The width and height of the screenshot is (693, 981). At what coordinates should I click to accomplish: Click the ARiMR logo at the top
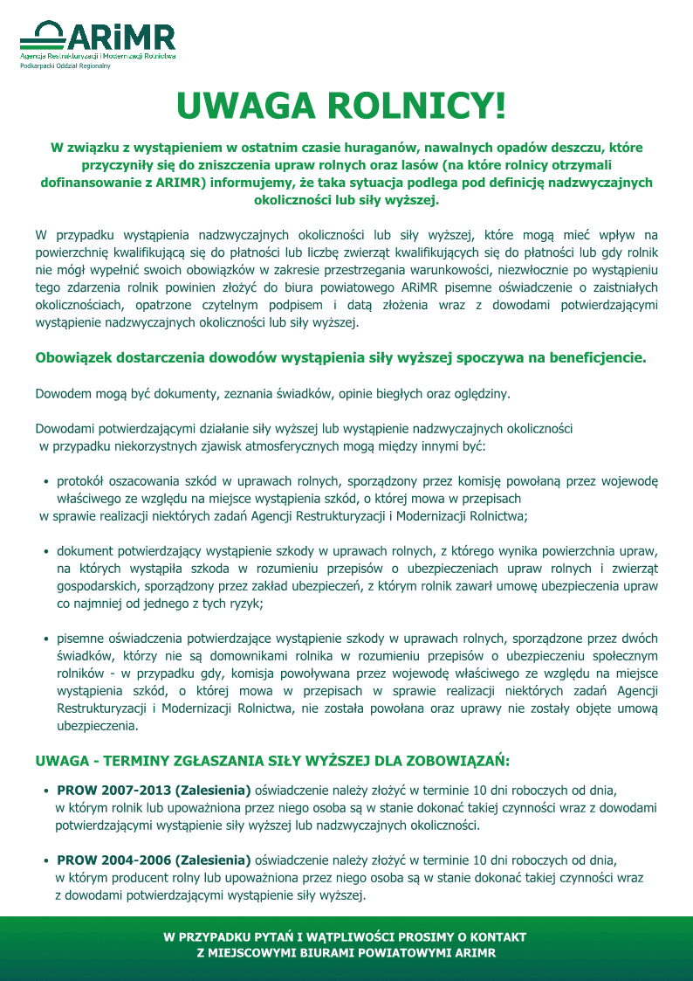pyautogui.click(x=98, y=39)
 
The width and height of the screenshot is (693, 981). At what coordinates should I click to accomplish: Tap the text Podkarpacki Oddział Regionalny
pyautogui.click(x=65, y=66)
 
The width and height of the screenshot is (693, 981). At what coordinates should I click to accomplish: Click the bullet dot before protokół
pyautogui.click(x=45, y=481)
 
